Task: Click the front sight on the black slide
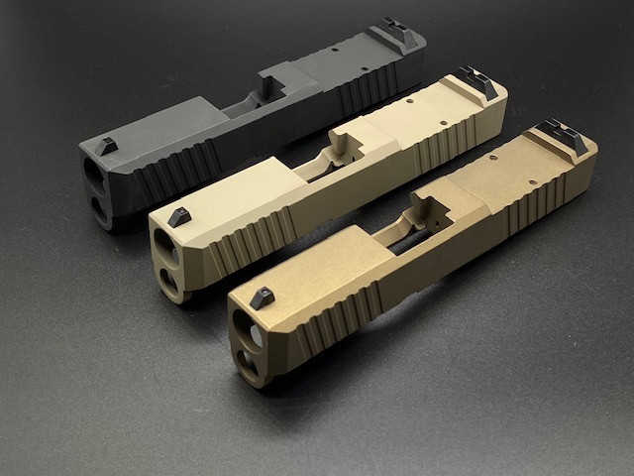tap(109, 146)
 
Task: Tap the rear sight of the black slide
tap(401, 33)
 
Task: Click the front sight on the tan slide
tap(179, 216)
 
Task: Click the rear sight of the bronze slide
tap(563, 134)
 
